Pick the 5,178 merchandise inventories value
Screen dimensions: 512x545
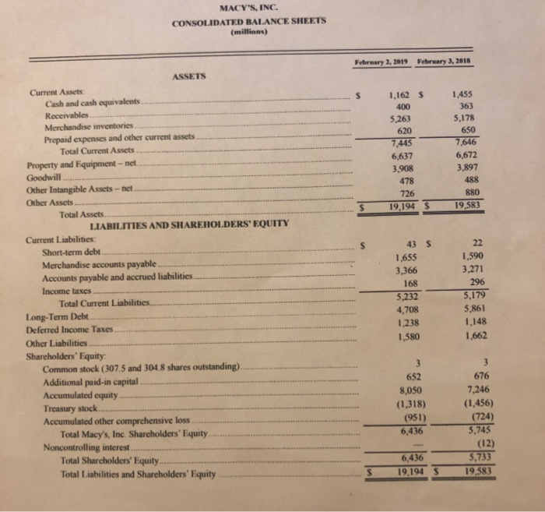click(x=465, y=118)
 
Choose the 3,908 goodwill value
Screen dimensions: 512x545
click(x=399, y=168)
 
